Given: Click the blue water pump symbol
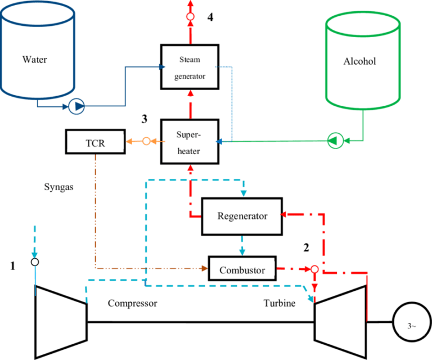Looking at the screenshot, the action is pos(76,106).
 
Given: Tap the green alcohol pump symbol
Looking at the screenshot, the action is pos(335,141).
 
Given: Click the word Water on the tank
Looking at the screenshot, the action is pos(35,60).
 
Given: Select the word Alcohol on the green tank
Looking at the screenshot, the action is pos(359,61).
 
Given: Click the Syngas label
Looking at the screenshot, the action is pos(58,187).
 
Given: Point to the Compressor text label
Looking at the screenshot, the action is pos(133,303).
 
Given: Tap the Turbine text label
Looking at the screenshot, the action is pos(280,303).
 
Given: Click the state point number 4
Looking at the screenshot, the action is pos(210,17).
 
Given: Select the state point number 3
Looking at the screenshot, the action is pos(145,119).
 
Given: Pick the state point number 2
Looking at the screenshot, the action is pos(306,247).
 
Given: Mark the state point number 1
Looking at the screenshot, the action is pos(12,266).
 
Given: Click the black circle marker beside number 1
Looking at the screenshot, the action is pos(35,262).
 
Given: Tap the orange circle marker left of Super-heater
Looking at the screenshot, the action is pos(146,142).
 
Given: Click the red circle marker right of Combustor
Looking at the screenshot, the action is pos(314,269).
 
